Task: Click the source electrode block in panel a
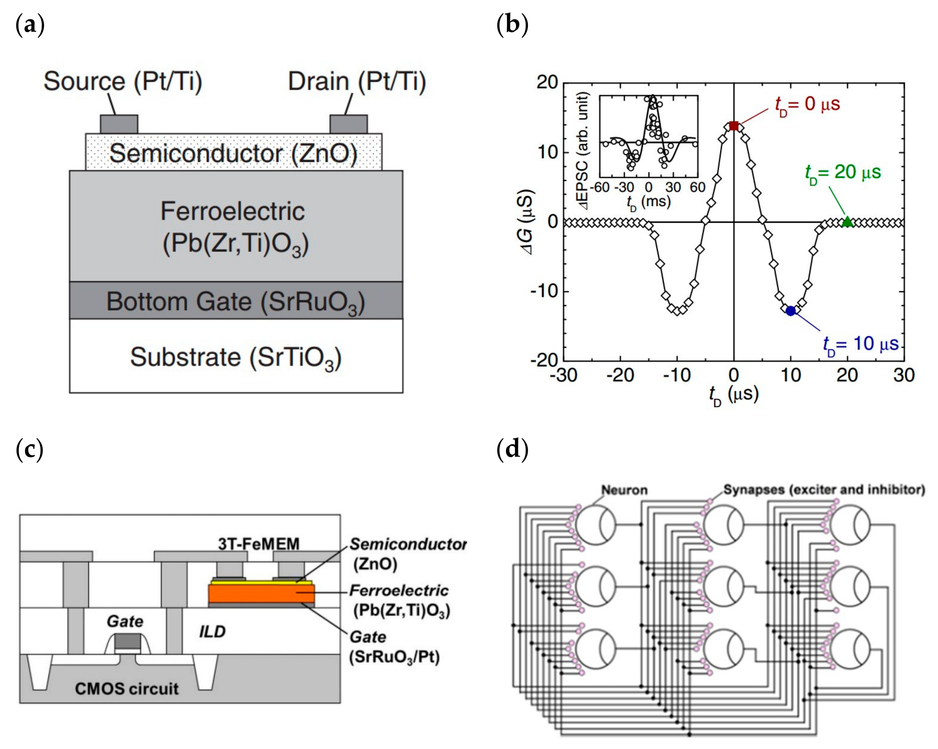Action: click(119, 124)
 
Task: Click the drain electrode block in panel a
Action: click(348, 124)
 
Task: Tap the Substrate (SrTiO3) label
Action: click(236, 358)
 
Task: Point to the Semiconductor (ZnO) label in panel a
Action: click(233, 153)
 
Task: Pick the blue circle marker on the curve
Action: click(790, 311)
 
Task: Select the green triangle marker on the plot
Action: click(847, 222)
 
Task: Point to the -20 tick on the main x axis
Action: click(620, 375)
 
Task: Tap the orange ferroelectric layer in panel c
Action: click(261, 593)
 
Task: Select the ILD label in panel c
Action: click(212, 632)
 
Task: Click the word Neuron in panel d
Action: click(624, 490)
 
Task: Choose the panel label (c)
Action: click(30, 449)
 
